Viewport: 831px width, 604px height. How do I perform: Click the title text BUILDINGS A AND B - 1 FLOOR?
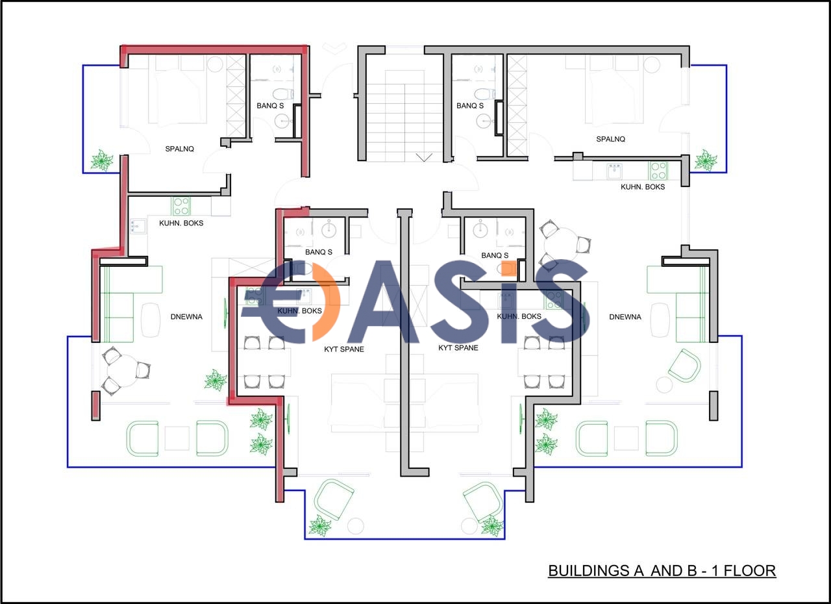(662, 571)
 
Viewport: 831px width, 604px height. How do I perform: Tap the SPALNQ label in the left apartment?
(180, 149)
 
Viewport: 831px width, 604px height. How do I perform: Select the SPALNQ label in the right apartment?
(611, 139)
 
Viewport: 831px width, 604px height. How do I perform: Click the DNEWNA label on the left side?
(186, 317)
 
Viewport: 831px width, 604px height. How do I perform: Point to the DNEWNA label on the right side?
(625, 317)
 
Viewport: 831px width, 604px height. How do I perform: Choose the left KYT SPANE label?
(344, 349)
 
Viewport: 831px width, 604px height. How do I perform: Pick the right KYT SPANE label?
(458, 347)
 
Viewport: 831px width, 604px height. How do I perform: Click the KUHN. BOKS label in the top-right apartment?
(643, 187)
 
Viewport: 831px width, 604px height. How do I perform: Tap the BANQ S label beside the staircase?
(470, 106)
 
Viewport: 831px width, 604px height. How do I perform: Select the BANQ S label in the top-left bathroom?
(270, 106)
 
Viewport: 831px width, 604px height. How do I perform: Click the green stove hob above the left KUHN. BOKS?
(180, 207)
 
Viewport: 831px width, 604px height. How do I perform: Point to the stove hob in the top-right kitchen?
(658, 171)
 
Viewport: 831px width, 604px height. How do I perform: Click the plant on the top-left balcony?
(101, 160)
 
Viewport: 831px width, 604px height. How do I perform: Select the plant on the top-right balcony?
(706, 160)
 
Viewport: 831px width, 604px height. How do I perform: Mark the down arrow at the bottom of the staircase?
(424, 157)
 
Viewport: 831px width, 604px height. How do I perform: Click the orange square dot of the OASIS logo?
(508, 268)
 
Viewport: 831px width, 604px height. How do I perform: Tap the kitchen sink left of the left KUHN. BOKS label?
(138, 226)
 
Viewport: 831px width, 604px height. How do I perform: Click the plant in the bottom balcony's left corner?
(320, 525)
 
